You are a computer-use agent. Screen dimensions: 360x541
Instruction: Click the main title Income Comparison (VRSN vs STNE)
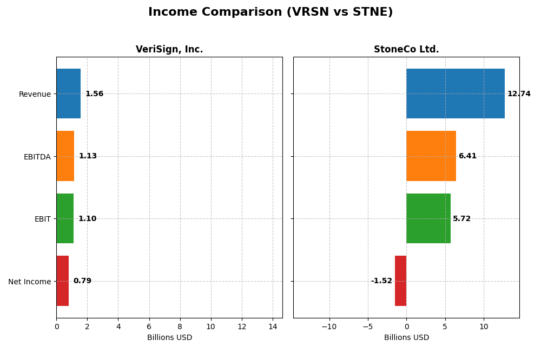click(x=270, y=12)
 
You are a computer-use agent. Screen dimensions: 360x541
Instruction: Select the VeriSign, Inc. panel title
click(x=169, y=50)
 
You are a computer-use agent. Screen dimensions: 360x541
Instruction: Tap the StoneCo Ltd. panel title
click(x=406, y=50)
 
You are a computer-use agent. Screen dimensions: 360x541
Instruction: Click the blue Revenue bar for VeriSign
click(x=68, y=94)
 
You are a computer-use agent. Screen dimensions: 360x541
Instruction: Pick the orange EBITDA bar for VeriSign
click(x=65, y=156)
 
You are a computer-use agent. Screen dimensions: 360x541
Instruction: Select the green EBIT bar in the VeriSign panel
click(x=65, y=218)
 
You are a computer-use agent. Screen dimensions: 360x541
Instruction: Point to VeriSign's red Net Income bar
click(x=62, y=281)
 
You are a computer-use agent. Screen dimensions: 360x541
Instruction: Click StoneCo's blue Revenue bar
click(x=456, y=94)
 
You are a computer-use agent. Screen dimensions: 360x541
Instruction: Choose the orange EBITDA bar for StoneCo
click(x=431, y=156)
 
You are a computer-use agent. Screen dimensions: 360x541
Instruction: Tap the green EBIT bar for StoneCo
click(x=428, y=218)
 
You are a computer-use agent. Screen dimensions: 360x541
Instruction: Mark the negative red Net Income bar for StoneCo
click(x=400, y=281)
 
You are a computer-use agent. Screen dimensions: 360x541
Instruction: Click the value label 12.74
click(x=519, y=94)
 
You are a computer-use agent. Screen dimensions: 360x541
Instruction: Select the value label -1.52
click(x=381, y=281)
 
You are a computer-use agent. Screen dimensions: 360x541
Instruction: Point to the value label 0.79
click(x=82, y=281)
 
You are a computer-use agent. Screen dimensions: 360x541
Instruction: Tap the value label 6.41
click(x=467, y=156)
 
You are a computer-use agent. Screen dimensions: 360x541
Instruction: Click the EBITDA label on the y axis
click(x=37, y=157)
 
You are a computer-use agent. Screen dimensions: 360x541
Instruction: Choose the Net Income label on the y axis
click(x=29, y=282)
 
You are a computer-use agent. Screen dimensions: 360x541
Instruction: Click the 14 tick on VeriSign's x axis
click(x=273, y=327)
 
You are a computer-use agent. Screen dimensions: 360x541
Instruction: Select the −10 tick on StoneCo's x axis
click(x=329, y=327)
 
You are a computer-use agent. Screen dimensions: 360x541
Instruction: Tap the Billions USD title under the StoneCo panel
click(x=406, y=338)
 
